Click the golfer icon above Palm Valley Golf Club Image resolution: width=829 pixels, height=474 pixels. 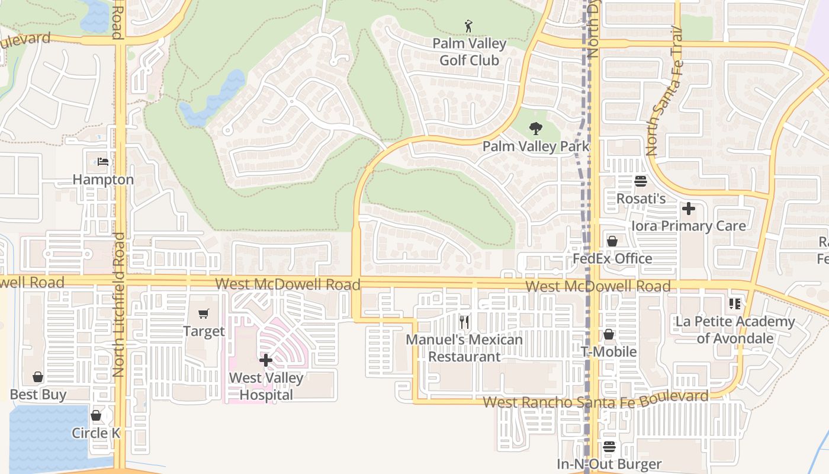click(469, 26)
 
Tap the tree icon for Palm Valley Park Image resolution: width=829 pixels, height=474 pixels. click(535, 129)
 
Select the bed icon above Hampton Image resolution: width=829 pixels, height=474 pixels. click(103, 162)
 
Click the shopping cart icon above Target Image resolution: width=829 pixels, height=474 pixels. click(204, 313)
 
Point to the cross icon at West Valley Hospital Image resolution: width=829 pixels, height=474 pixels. click(266, 360)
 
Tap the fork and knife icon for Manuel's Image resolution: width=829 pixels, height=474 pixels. click(464, 322)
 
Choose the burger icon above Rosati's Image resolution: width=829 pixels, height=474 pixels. click(641, 181)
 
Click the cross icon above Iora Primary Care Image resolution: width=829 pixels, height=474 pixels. click(688, 209)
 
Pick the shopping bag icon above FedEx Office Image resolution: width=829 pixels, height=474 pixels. click(612, 241)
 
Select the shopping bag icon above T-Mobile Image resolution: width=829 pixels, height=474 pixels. click(608, 334)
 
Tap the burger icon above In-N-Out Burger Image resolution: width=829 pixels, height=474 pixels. click(609, 447)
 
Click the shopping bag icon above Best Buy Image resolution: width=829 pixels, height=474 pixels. click(38, 377)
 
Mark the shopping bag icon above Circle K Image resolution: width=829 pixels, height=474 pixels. click(96, 415)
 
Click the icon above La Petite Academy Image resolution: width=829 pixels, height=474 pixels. click(735, 304)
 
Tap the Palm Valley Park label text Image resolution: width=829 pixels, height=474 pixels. click(536, 146)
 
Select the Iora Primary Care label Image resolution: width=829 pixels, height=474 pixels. click(688, 226)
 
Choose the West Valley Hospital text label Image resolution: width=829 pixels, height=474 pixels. click(266, 386)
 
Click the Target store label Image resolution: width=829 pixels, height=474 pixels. click(204, 331)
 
